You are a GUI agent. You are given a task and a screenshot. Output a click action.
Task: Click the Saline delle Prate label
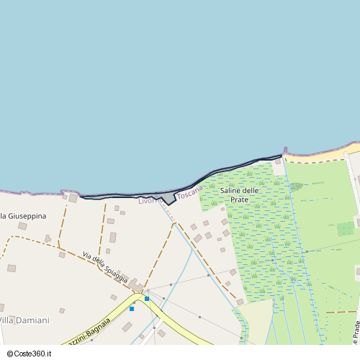pyautogui.click(x=239, y=194)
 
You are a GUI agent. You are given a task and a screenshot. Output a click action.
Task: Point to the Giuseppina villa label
pyautogui.click(x=25, y=216)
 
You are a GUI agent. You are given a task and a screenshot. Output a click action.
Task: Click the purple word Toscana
pyautogui.click(x=190, y=193)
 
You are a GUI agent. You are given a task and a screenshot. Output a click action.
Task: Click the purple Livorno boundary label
pyautogui.click(x=148, y=201)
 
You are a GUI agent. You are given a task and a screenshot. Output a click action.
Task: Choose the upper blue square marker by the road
pyautogui.click(x=147, y=298)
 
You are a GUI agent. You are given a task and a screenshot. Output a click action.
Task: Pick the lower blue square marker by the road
pyautogui.click(x=132, y=309)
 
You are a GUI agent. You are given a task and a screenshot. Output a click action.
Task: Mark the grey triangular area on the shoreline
pyautogui.click(x=168, y=198)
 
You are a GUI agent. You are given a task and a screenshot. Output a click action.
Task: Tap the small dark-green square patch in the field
pyautogui.click(x=346, y=229)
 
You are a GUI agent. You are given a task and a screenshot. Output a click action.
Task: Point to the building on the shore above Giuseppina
pyautogui.click(x=73, y=197)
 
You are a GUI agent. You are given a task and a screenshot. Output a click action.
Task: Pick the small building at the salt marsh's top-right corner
pyautogui.click(x=278, y=162)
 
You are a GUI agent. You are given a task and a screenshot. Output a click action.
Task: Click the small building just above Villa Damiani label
pyautogui.click(x=62, y=311)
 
